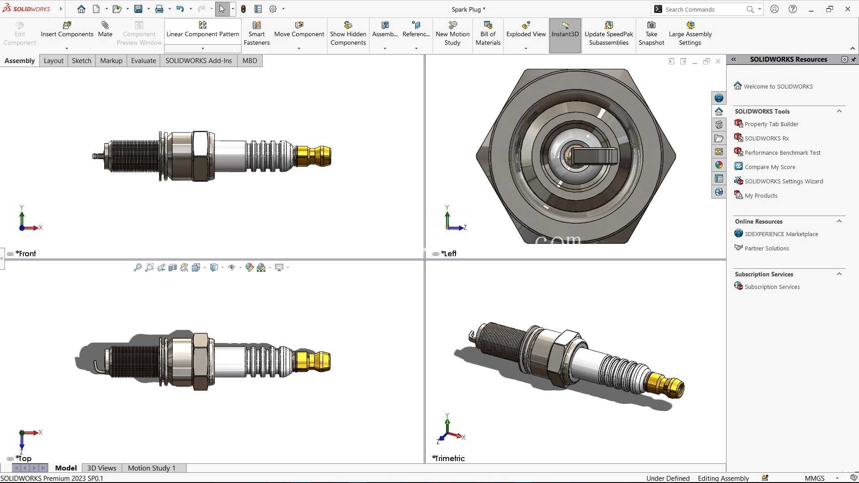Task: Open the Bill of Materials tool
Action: tap(488, 34)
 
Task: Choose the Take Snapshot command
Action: tap(651, 34)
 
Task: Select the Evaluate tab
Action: tap(143, 61)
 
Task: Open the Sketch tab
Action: tap(81, 61)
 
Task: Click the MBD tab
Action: tap(250, 61)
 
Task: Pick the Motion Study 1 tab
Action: tap(152, 468)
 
